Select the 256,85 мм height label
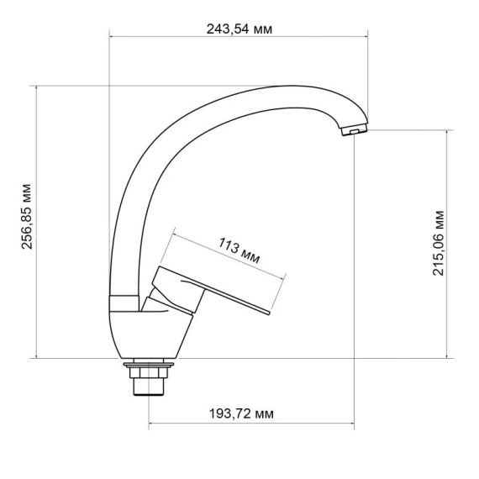[24, 222]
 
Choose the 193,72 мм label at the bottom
[240, 415]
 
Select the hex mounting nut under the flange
[149, 373]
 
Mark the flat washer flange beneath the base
[149, 364]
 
